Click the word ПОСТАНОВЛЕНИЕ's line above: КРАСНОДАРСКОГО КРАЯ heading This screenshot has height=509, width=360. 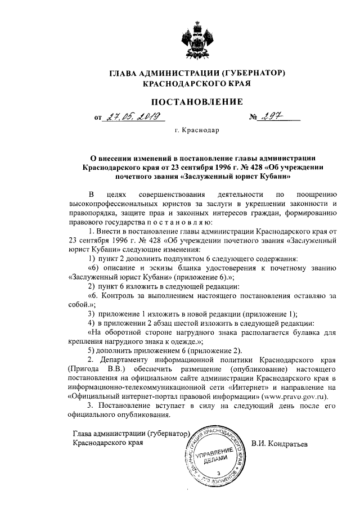(x=196, y=84)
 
